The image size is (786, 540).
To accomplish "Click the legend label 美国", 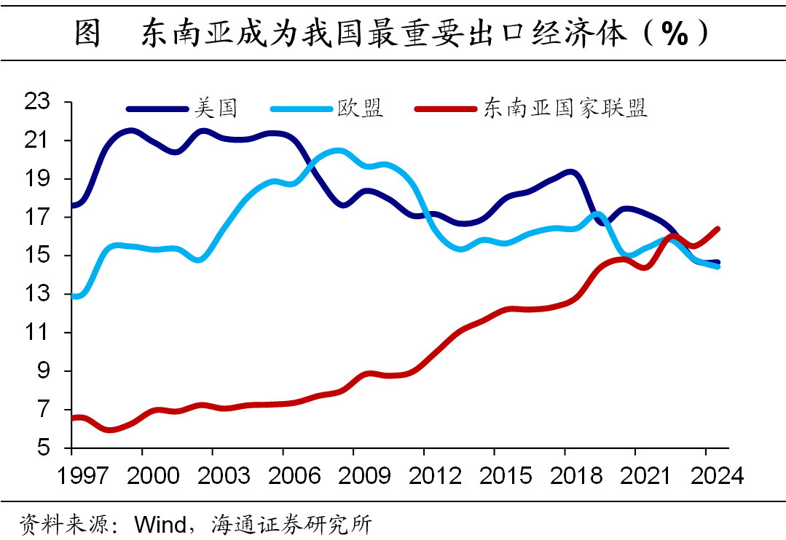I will (x=216, y=109).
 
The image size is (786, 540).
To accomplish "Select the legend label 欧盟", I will (x=360, y=109).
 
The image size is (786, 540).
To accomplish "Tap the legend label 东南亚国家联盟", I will (x=565, y=109).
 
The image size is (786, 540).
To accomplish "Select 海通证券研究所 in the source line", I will (x=291, y=523).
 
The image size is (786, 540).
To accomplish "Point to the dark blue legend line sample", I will (x=156, y=109).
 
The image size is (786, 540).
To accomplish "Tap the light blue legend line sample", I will (x=300, y=109).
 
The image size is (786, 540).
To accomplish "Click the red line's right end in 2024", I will (x=718, y=229).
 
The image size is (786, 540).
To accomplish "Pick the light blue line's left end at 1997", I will (x=73, y=296).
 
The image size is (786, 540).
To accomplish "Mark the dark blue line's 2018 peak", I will (x=570, y=172).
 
